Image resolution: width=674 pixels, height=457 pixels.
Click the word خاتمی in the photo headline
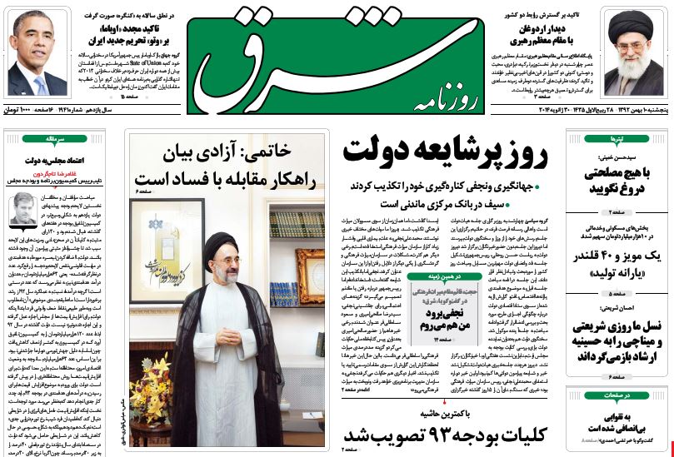point(287,152)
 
